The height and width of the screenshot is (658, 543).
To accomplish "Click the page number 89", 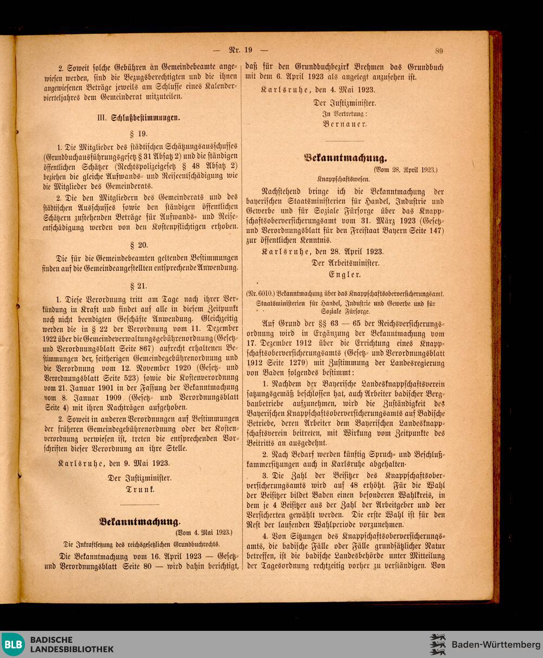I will click(x=439, y=51).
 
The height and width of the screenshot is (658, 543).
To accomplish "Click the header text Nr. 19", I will click(x=241, y=50).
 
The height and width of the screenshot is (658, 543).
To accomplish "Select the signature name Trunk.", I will click(x=140, y=490).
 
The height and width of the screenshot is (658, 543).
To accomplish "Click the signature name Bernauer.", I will click(x=345, y=124).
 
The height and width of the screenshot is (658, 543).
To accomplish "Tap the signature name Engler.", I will click(x=345, y=275).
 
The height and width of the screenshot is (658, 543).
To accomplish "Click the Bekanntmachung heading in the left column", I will click(x=140, y=521).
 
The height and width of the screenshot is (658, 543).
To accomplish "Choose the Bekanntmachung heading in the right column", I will click(x=345, y=158).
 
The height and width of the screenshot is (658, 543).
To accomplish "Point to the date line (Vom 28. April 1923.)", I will click(x=405, y=170).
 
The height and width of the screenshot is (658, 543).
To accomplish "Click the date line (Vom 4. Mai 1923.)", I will click(x=204, y=533).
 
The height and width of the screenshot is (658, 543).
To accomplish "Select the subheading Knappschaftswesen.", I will click(x=344, y=179).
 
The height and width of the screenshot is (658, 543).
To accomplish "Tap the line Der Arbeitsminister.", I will click(x=345, y=263).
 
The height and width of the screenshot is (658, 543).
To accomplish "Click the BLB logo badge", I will click(x=12, y=644).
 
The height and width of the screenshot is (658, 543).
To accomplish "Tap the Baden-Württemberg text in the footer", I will click(x=496, y=644).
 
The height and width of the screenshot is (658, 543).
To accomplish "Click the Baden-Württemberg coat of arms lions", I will click(x=438, y=644).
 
